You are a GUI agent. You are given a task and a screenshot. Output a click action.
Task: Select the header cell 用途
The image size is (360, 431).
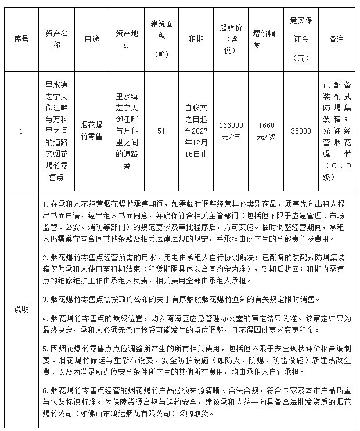coord(91,39)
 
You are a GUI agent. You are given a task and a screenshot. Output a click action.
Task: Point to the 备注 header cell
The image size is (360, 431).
coord(337,39)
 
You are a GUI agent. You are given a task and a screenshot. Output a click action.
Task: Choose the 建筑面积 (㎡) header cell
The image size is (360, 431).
coord(161,39)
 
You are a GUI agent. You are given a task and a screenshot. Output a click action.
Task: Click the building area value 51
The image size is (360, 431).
coord(161,131)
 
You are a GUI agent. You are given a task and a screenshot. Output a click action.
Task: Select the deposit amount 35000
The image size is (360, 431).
coord(301,131)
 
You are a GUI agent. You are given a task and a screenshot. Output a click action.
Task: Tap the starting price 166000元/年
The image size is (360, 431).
coord(231,131)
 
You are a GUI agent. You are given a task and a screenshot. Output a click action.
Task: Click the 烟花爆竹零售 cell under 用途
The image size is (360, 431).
coord(91,131)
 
